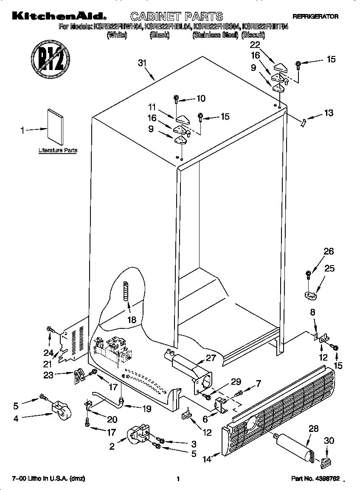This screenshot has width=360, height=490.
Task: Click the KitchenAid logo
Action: point(57,17)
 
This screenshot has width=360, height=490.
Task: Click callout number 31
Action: point(142,63)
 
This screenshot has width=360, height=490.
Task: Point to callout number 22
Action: point(255,45)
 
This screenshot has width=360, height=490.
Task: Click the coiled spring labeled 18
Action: point(125,292)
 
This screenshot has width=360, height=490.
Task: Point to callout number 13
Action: point(328,113)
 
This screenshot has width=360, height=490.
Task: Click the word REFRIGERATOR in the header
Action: point(315,17)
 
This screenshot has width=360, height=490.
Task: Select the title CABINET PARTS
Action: point(176,17)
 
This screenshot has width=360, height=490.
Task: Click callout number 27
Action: point(211,358)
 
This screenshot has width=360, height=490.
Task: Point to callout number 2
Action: point(112,446)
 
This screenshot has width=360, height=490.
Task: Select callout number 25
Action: point(329,268)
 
